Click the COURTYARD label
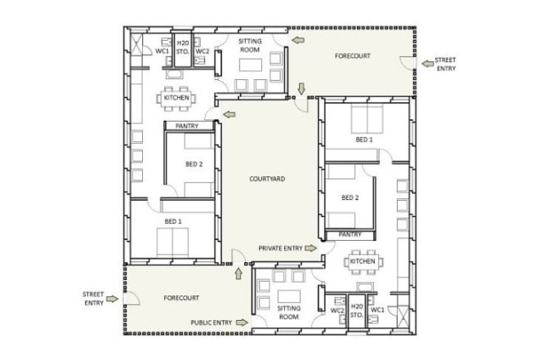click(267, 179)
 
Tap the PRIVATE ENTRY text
click(280, 248)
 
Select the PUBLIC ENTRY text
click(212, 322)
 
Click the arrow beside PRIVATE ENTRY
click(311, 248)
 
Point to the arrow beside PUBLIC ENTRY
click(242, 322)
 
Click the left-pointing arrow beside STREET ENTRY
click(428, 64)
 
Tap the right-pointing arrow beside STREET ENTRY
click(112, 299)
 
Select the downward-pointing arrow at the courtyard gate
click(301, 89)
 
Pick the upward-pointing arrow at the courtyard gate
click(238, 273)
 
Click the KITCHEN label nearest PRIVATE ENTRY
click(363, 261)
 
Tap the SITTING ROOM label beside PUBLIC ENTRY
click(289, 313)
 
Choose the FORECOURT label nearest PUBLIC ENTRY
click(181, 298)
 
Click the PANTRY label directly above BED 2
click(187, 126)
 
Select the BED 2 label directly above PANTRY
click(350, 198)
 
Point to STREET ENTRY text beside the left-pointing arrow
click(446, 64)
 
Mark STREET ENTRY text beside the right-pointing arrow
click(93, 299)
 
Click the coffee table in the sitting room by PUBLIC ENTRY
click(289, 296)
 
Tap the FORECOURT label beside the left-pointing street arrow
click(353, 56)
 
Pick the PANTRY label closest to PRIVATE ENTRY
click(350, 234)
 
